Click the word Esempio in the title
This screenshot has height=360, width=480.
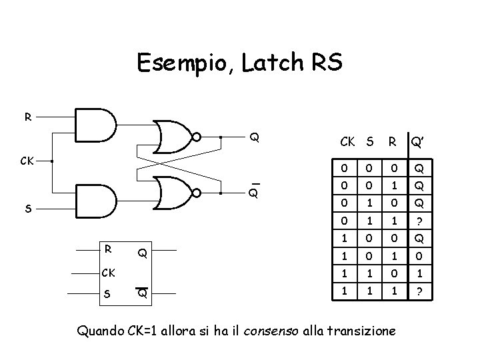[x=177, y=63]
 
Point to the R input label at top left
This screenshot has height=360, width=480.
[x=27, y=117]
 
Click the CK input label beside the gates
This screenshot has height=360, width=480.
[x=27, y=161]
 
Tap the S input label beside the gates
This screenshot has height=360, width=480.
[x=27, y=209]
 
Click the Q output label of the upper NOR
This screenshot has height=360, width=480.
[x=255, y=138]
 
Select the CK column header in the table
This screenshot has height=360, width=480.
[x=348, y=141]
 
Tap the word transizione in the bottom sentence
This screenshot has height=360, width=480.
[x=365, y=329]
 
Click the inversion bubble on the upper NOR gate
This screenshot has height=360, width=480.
[x=197, y=137]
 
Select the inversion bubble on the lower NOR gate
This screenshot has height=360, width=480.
[x=197, y=193]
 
